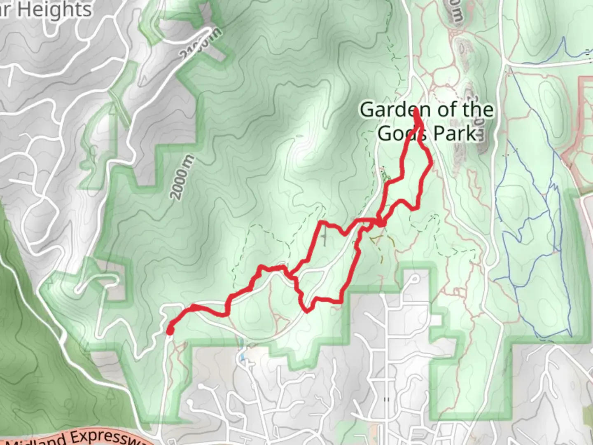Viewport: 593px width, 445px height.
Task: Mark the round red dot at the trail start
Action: pyautogui.click(x=169, y=331)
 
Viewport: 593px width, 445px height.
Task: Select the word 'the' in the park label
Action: pyautogui.click(x=478, y=110)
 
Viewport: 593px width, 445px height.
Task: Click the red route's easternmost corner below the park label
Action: pyautogui.click(x=431, y=163)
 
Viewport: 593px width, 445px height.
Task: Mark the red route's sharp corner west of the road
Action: pyautogui.click(x=322, y=223)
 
